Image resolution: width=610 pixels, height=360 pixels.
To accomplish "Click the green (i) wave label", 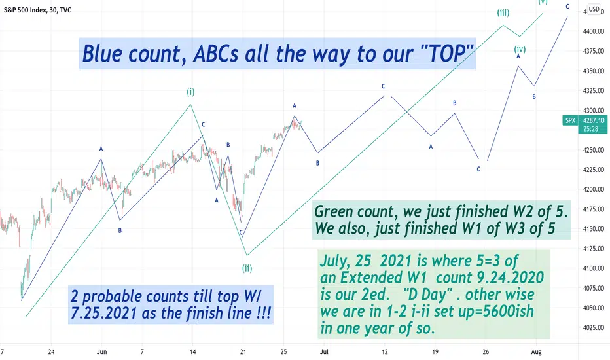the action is (190, 92).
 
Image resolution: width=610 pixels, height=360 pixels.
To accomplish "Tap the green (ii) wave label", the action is (247, 268).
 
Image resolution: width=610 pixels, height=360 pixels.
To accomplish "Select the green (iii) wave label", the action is (503, 12).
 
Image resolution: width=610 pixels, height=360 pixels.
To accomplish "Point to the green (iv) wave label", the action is (520, 49).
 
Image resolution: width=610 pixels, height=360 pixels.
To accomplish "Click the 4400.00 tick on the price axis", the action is (594, 31).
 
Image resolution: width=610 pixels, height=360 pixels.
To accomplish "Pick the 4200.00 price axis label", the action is (594, 190).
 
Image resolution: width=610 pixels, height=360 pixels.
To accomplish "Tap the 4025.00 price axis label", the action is (594, 328).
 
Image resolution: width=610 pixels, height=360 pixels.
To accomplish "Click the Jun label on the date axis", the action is (101, 352).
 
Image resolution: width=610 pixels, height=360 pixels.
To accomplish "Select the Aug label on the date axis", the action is (536, 352).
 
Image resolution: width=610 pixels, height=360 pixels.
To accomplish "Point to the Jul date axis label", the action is (324, 352).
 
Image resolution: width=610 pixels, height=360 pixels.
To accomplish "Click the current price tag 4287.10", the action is (594, 120).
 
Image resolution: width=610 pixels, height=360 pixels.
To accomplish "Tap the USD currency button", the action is (594, 9).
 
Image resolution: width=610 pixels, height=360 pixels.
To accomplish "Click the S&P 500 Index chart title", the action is (25, 10).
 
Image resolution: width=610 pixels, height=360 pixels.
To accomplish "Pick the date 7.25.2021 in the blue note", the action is (103, 313).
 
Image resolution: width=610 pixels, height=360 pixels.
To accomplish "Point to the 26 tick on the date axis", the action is (486, 352).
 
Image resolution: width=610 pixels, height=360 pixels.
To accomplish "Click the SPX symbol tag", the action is (570, 120).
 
